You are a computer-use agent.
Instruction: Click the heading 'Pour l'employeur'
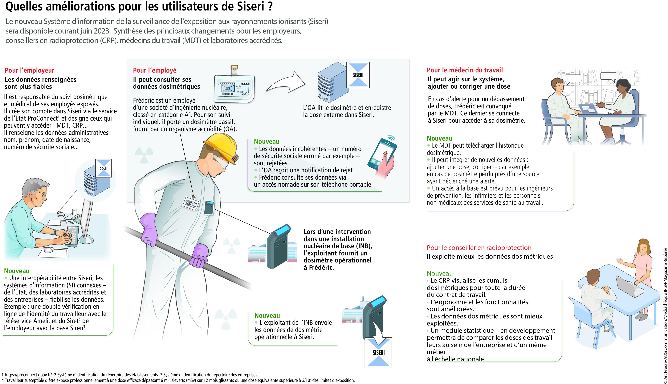tap(29, 70)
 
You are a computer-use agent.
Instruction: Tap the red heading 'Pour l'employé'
tap(154, 70)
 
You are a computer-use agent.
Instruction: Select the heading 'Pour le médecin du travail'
tap(465, 70)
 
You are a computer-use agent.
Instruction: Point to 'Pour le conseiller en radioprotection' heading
tap(479, 248)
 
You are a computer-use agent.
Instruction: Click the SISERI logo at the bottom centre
tap(378, 352)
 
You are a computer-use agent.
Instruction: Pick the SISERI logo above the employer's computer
tap(104, 168)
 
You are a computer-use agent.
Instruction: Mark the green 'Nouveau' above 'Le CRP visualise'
tap(440, 274)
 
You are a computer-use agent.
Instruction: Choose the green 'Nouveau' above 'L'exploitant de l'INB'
tap(267, 315)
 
